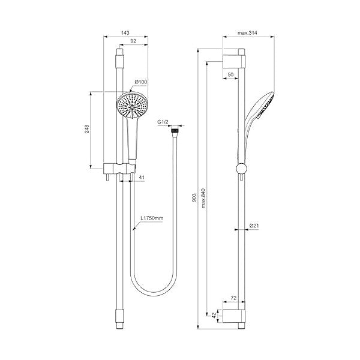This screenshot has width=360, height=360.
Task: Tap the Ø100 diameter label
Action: pyautogui.click(x=142, y=81)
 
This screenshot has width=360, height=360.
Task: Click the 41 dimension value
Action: pyautogui.click(x=142, y=178)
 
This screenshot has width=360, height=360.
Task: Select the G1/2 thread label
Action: pyautogui.click(x=162, y=122)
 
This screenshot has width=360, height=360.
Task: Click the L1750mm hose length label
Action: pyautogui.click(x=152, y=220)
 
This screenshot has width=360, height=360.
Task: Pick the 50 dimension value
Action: pyautogui.click(x=231, y=74)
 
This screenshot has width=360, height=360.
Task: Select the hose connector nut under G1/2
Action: pyautogui.click(x=175, y=129)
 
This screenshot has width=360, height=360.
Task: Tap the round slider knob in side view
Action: pyautogui.click(x=241, y=169)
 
